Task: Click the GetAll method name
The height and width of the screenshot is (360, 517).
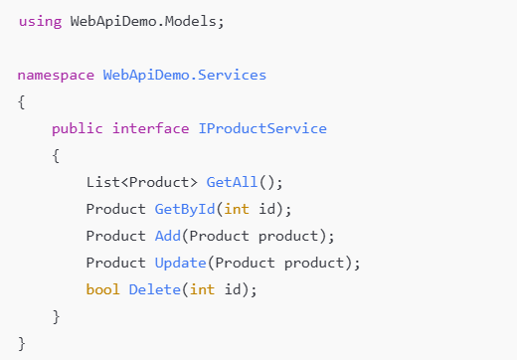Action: point(232,182)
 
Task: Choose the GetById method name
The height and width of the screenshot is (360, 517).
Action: point(189,209)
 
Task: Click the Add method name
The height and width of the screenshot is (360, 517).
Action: point(167,236)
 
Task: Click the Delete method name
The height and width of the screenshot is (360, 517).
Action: point(154,289)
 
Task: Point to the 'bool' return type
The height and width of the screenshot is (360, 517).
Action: point(102,289)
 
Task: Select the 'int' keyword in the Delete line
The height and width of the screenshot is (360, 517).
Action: point(201,289)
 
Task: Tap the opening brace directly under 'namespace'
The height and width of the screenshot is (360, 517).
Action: point(22,101)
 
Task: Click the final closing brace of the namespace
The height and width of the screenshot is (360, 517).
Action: point(22,343)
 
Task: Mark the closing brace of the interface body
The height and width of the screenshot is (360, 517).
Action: point(56,316)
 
